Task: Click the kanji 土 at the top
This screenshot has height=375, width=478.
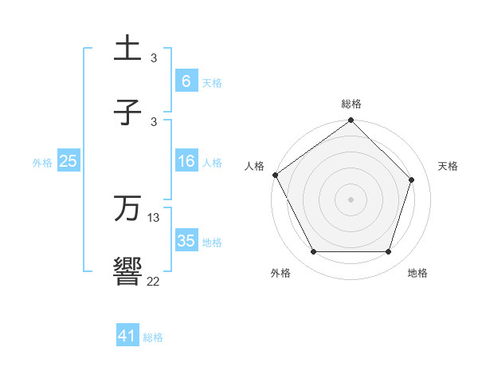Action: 127,49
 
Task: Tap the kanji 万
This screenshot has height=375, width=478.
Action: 127,208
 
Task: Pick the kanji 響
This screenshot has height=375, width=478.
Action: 127,272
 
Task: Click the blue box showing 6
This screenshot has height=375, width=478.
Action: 186,81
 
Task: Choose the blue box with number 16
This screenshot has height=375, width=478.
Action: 186,162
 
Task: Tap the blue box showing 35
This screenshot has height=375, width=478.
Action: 186,241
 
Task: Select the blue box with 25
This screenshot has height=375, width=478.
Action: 68,162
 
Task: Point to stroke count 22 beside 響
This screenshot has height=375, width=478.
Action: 153,281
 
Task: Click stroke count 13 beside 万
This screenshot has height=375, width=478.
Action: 154,217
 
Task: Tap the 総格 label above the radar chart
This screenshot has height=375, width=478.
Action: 351,104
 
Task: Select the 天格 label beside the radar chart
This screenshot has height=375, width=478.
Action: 448,166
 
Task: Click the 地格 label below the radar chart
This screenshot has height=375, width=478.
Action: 417,274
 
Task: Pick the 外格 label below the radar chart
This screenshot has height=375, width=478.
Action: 280,274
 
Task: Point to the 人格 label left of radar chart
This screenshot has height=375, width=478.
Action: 254,166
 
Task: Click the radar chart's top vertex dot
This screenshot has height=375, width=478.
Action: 351,121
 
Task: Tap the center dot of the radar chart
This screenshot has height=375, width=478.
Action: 351,199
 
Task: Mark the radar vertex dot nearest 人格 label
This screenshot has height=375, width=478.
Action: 276,175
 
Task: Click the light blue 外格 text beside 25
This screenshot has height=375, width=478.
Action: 42,163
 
